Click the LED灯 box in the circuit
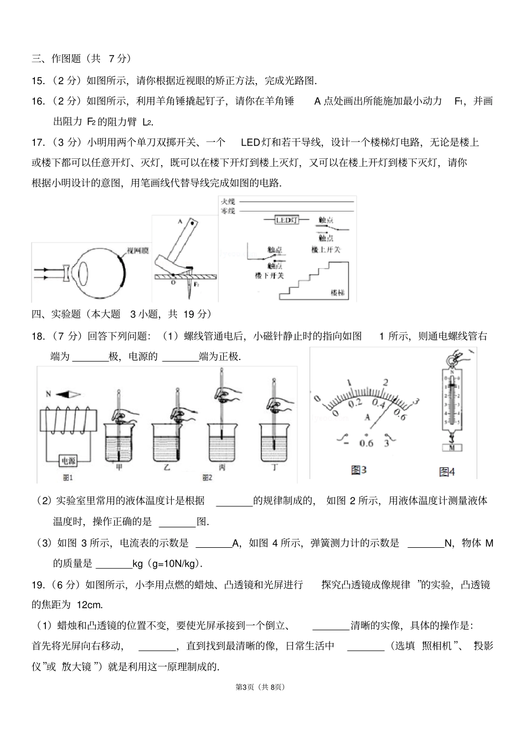click(x=287, y=220)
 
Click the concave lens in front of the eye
click(x=66, y=273)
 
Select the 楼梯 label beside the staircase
click(x=337, y=292)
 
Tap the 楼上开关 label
click(x=326, y=250)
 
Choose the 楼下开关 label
click(x=269, y=275)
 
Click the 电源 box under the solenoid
click(x=68, y=461)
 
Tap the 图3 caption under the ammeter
click(x=359, y=470)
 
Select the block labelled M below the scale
click(x=451, y=446)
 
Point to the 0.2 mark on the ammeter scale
click(x=355, y=403)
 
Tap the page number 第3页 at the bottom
click(x=245, y=687)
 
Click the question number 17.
click(x=38, y=142)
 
